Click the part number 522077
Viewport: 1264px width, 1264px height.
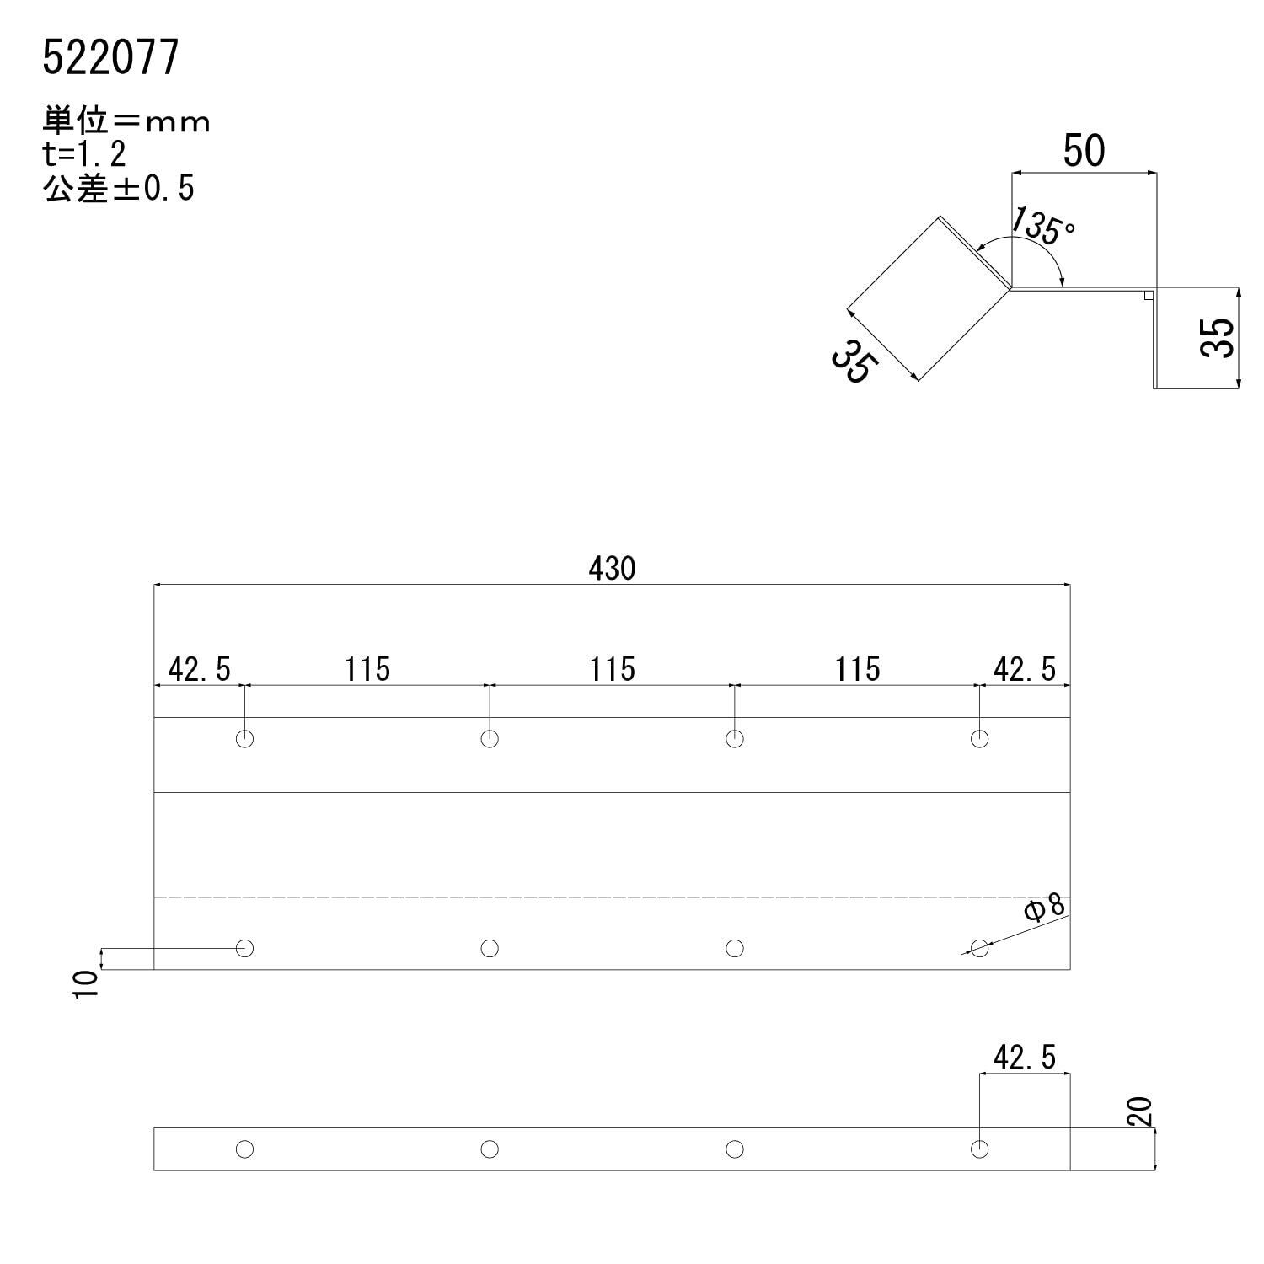point(110,59)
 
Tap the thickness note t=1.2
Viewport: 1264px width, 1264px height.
point(84,155)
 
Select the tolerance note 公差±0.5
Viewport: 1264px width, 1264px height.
point(118,189)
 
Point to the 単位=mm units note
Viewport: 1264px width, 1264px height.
point(126,123)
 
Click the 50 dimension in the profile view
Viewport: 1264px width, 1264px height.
point(1083,152)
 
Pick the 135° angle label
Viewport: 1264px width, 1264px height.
point(1043,225)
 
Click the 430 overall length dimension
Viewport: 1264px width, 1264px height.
point(612,569)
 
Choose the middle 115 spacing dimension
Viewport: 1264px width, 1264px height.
point(612,670)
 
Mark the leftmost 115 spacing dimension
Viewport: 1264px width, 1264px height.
point(367,670)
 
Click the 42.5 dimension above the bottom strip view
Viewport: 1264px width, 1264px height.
point(1024,1058)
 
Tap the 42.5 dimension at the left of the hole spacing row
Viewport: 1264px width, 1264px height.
point(199,670)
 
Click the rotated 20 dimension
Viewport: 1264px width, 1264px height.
point(1139,1112)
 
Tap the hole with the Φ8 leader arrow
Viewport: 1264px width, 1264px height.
point(979,949)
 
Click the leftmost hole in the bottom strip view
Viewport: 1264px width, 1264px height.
point(244,1149)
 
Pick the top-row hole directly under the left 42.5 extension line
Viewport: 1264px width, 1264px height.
point(244,739)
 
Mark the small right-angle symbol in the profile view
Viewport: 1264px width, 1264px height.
point(1148,294)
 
